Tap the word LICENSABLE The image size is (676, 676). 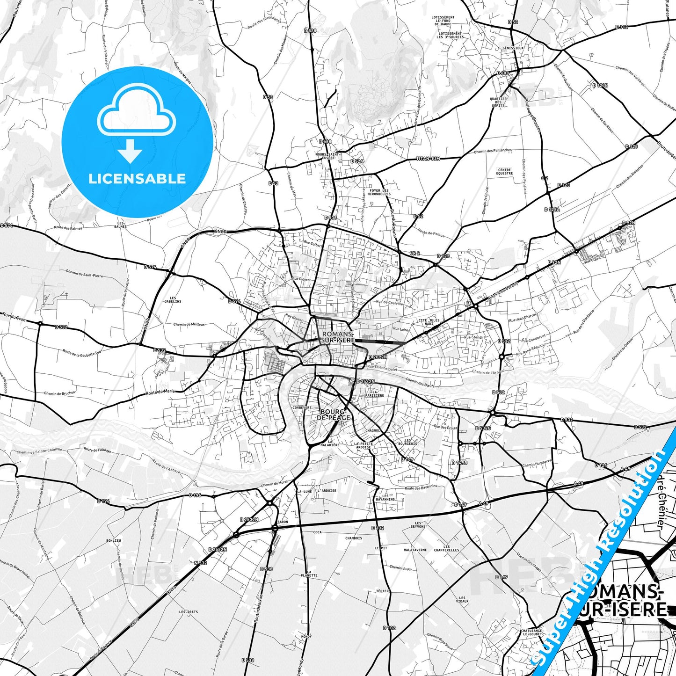[x=137, y=179]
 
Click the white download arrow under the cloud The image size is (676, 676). [x=130, y=151]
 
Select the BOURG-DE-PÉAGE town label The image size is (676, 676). [x=334, y=414]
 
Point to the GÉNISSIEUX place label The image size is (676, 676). [x=513, y=48]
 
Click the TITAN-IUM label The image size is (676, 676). [x=428, y=159]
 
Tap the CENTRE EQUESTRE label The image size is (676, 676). [x=504, y=172]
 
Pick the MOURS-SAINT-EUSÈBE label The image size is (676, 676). [x=327, y=156]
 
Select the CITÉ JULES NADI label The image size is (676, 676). [x=429, y=322]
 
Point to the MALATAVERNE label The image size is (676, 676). [x=415, y=550]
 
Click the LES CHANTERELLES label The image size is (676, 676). [x=446, y=548]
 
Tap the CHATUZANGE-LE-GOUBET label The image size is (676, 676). [x=532, y=632]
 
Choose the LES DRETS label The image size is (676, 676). [x=188, y=612]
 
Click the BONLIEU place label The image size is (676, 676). [x=113, y=540]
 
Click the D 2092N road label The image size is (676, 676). [x=378, y=357]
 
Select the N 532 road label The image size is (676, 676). [x=201, y=563]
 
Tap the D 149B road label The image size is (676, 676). [x=459, y=463]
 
